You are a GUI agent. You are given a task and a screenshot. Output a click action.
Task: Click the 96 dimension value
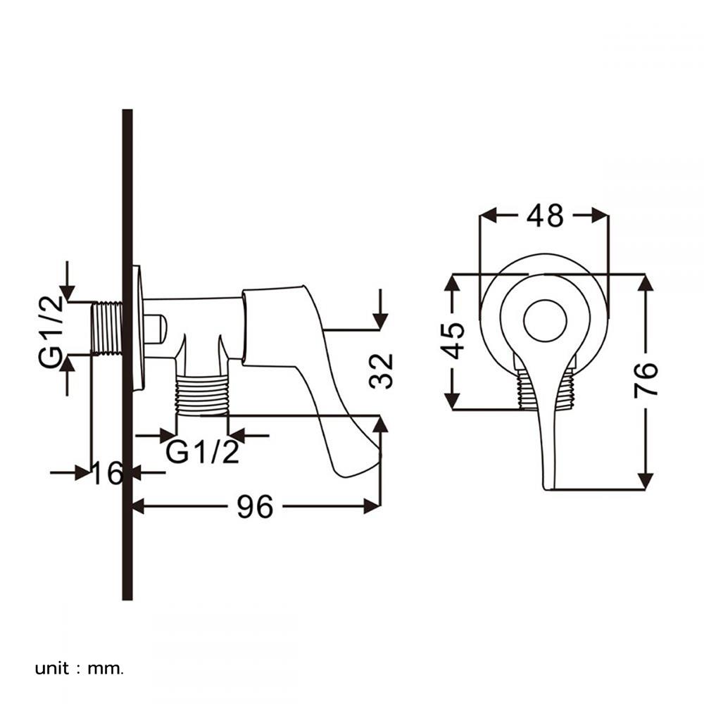point(254,506)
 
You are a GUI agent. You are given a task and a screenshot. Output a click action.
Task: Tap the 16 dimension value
point(108,474)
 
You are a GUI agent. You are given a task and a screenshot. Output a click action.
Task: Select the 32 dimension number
point(381,371)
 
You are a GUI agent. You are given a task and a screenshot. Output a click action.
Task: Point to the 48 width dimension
point(545,215)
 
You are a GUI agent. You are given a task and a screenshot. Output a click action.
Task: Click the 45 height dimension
point(455,341)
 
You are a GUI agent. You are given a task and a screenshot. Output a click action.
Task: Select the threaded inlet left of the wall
point(107,329)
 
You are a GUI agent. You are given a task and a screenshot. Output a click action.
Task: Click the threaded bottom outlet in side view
point(202,394)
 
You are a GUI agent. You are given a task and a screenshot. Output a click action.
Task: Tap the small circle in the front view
point(545,320)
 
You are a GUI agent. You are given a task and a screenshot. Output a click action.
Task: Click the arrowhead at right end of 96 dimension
point(373,505)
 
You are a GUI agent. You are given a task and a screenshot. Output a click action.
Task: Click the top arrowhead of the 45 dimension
point(452,282)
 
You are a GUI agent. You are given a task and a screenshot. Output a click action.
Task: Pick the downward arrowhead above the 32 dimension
point(380,320)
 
